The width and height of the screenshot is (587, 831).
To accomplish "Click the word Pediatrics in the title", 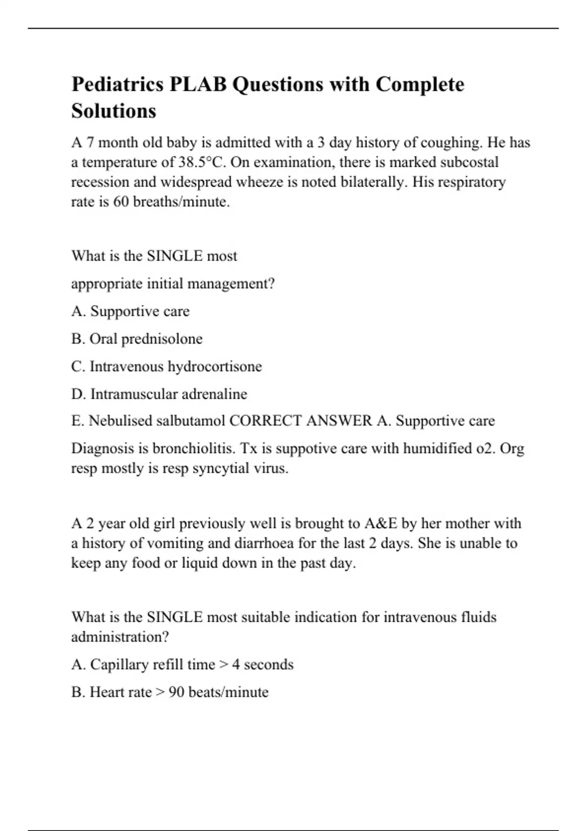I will coord(117,84).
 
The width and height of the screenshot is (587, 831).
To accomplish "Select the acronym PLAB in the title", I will coord(198,84).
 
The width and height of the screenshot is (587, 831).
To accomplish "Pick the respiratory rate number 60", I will coord(121,201).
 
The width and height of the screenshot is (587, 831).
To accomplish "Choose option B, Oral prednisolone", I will coord(136,339).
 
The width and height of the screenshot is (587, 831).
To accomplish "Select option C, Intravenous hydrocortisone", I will coord(166,366).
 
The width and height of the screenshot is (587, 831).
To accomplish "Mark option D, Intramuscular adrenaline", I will coord(159,394).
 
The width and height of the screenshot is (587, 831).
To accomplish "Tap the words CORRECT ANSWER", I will coord(300,421).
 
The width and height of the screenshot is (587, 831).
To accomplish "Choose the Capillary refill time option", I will coord(182,664).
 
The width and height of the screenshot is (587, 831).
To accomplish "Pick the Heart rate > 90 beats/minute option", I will coord(170,692).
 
